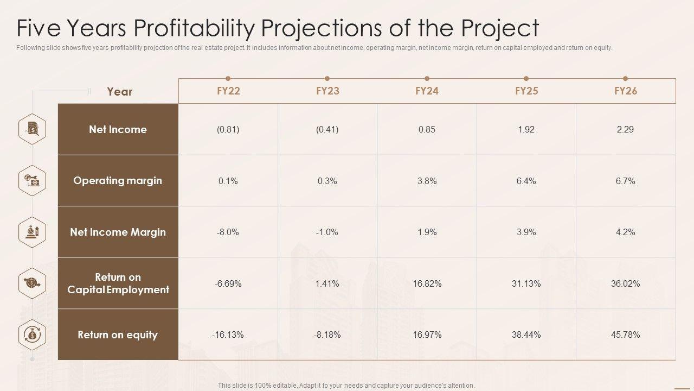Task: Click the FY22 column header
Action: [x=228, y=91]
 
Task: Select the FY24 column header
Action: [x=427, y=91]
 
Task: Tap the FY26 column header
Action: [x=625, y=91]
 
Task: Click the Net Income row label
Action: [x=118, y=129]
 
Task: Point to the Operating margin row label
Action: [x=118, y=181]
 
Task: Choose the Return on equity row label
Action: [x=118, y=335]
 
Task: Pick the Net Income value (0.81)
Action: [x=228, y=129]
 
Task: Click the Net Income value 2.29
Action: [x=625, y=129]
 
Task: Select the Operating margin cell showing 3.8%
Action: [x=427, y=181]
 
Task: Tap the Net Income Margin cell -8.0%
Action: [x=228, y=232]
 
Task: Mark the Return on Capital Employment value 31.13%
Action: [x=526, y=283]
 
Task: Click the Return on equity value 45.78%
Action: [x=625, y=335]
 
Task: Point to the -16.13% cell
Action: [x=228, y=335]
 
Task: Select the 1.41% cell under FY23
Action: [x=327, y=283]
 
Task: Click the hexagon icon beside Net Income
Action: [x=32, y=129]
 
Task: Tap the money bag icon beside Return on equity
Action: [x=32, y=335]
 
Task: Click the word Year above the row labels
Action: [x=119, y=92]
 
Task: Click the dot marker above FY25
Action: [x=526, y=79]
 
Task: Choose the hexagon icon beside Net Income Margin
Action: [x=32, y=232]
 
